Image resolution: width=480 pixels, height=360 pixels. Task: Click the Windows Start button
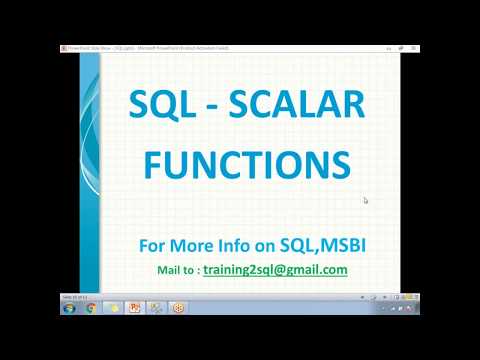tap(67, 308)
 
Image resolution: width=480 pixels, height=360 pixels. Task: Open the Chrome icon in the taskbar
tap(91, 308)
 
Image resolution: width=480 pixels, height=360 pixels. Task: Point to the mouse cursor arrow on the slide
tap(366, 200)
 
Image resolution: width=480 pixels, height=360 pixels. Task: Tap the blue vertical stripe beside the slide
tap(90, 170)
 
